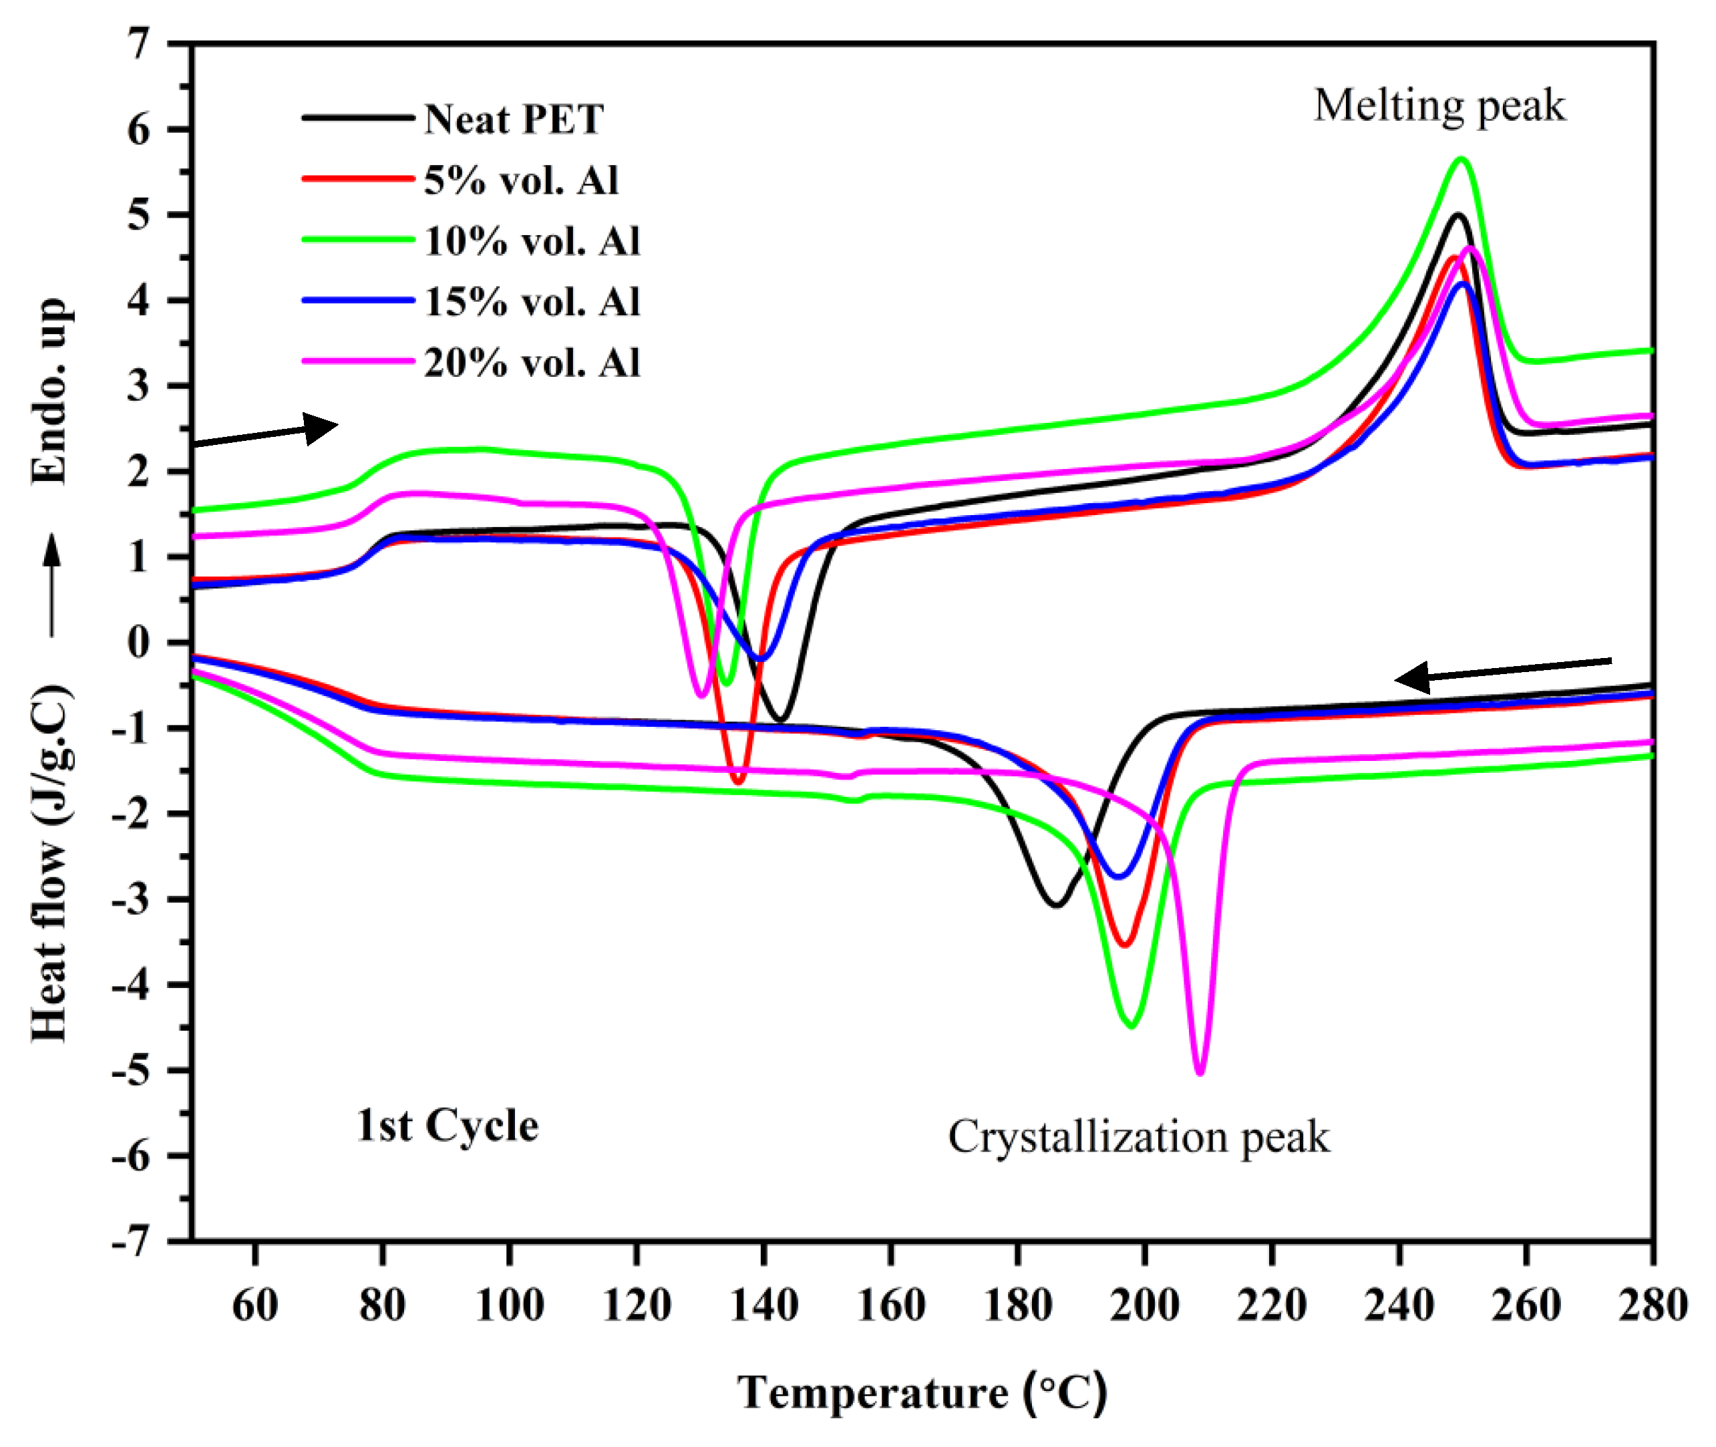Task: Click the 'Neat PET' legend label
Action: click(514, 120)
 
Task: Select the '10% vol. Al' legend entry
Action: click(532, 241)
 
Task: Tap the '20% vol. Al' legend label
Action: click(532, 363)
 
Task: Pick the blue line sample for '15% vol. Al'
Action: click(359, 301)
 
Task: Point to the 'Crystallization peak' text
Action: click(1138, 1138)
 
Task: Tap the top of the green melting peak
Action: click(1461, 158)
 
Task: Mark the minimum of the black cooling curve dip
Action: click(1057, 905)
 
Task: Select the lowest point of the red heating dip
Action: click(737, 782)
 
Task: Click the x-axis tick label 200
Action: click(1144, 1305)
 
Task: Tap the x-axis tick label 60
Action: click(255, 1305)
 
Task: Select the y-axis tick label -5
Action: click(131, 1070)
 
